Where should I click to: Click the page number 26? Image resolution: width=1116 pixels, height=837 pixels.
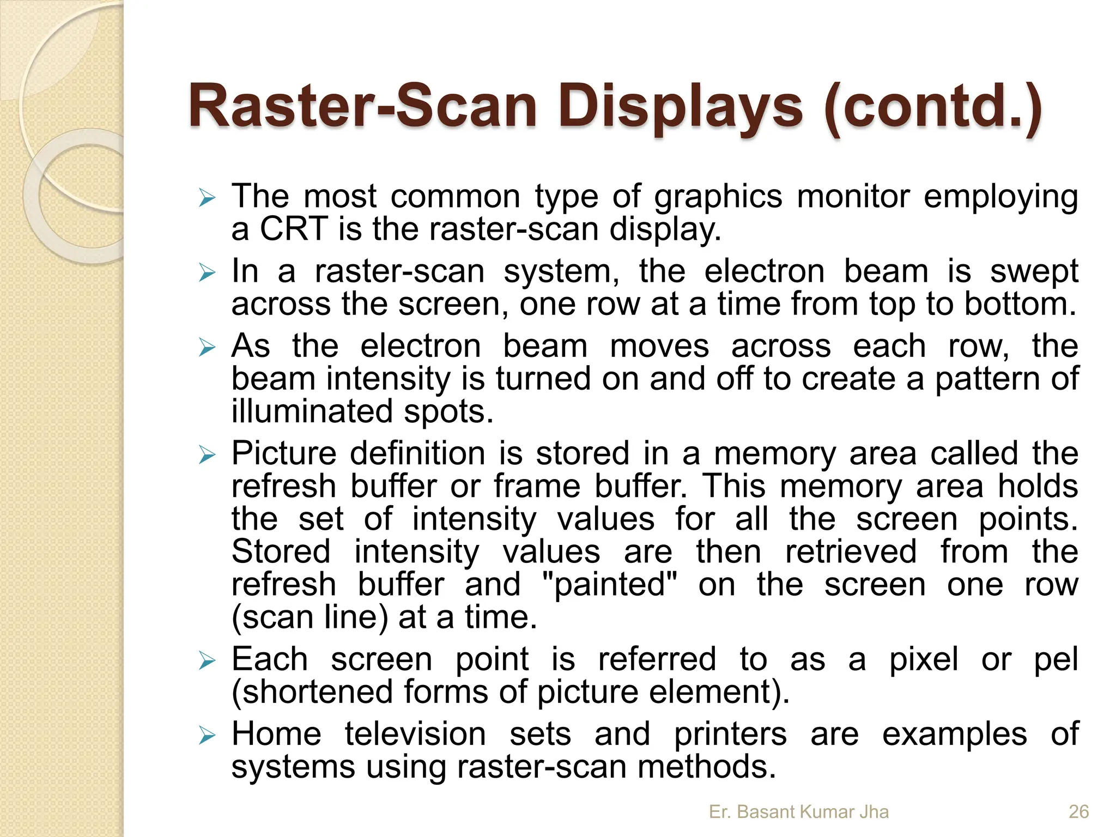[1078, 811]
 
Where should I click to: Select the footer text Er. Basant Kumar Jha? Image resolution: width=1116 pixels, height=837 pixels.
[798, 811]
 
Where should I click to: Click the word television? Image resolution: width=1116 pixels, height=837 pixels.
[415, 733]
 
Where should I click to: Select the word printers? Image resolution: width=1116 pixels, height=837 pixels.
[730, 733]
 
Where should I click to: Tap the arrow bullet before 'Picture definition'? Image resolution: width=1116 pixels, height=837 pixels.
[208, 455]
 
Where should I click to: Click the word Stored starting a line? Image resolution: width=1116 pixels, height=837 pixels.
[281, 551]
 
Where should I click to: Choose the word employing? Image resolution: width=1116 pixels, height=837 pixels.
[1000, 197]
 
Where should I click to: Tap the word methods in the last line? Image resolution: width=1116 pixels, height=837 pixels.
[706, 766]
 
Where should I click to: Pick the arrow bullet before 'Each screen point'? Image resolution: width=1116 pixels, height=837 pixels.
[208, 662]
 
